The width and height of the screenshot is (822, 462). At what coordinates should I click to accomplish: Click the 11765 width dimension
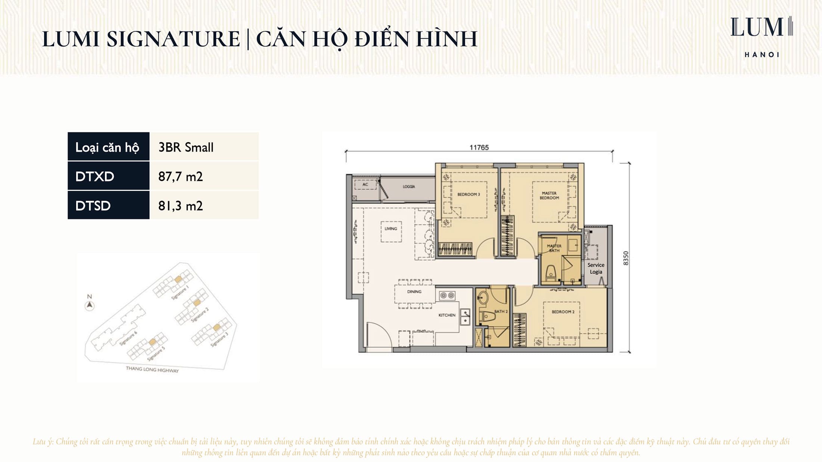[479, 148]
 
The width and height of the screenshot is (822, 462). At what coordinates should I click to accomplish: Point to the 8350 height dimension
[626, 258]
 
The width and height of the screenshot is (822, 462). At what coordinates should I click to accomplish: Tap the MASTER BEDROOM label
[549, 195]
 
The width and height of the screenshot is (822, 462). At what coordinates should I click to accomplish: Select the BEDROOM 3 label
[469, 194]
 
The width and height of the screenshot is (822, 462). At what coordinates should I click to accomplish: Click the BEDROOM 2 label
[563, 311]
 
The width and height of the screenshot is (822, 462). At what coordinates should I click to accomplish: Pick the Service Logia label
[596, 268]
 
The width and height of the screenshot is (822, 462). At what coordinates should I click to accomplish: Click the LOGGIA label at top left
[408, 186]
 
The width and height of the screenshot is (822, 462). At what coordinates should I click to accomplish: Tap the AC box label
[365, 184]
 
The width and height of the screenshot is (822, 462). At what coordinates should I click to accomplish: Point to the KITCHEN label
[446, 315]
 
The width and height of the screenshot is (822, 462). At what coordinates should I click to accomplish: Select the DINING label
[414, 292]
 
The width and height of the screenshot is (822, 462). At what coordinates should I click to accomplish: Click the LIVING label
[391, 229]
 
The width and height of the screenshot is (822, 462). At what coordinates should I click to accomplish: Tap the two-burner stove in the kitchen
[447, 296]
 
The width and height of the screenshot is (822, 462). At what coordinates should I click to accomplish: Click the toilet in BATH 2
[487, 317]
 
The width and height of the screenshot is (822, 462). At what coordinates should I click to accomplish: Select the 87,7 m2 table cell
[204, 176]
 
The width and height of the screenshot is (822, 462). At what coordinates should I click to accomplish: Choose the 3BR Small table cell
[204, 147]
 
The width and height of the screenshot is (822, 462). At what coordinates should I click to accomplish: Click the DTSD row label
[108, 205]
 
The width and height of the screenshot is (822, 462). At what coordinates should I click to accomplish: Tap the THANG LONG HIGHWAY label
[152, 369]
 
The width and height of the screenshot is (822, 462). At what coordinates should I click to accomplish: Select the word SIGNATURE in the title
[173, 39]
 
